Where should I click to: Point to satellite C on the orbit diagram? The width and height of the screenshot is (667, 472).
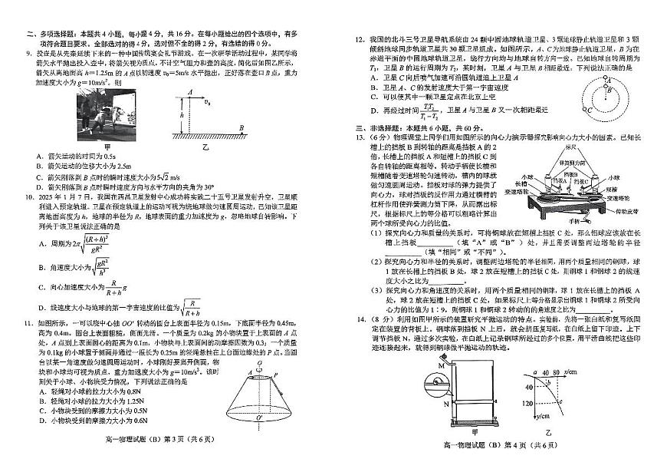(x=594, y=110)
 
